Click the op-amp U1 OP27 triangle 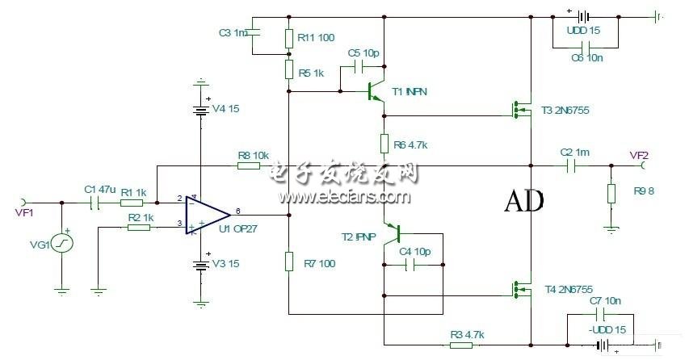click(207, 214)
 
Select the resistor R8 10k click(249, 166)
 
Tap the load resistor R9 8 click(611, 195)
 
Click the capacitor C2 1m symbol click(570, 166)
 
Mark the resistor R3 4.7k click(461, 345)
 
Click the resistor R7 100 click(288, 262)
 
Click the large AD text click(523, 200)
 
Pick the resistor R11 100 click(288, 38)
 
